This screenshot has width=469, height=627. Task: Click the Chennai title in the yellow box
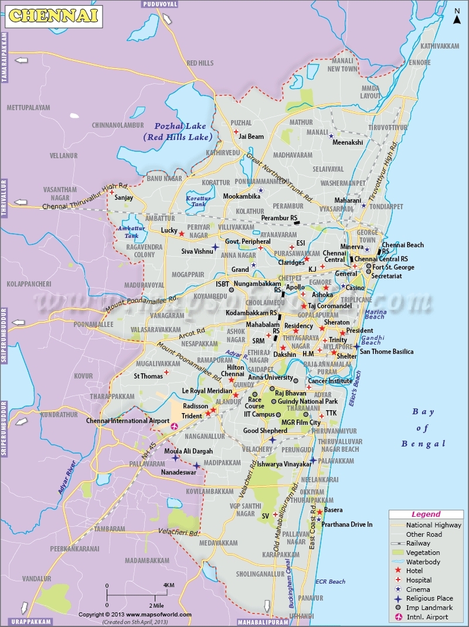tap(52, 16)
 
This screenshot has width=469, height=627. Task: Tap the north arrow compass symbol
tap(457, 16)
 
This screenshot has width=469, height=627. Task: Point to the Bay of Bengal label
tap(423, 427)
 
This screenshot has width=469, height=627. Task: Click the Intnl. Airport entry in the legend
tap(427, 616)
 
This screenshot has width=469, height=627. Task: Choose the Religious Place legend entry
tap(429, 598)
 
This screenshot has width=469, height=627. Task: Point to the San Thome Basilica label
tap(386, 352)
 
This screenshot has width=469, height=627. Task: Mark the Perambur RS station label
tap(278, 218)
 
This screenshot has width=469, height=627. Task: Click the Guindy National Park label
tap(308, 401)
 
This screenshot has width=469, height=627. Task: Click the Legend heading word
tap(426, 514)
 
